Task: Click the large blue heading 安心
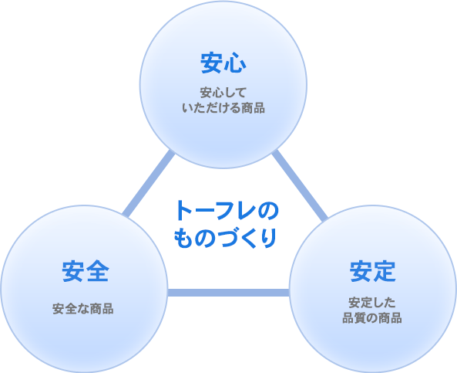(x=223, y=63)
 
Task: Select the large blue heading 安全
(x=86, y=271)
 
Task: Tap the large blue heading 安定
(x=373, y=271)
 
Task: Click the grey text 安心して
(x=223, y=93)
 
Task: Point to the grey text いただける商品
(x=223, y=108)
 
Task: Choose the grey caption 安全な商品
(x=83, y=309)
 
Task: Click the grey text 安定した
(x=372, y=303)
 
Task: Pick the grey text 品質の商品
(x=372, y=318)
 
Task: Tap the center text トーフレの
(x=227, y=211)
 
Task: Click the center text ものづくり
(x=225, y=238)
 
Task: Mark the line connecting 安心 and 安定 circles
(x=300, y=185)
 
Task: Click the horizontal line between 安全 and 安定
(x=228, y=293)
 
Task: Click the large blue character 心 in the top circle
(x=235, y=63)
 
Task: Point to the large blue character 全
(x=98, y=272)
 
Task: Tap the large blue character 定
(x=385, y=272)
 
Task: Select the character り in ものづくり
(x=268, y=238)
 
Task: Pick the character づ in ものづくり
(x=226, y=238)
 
